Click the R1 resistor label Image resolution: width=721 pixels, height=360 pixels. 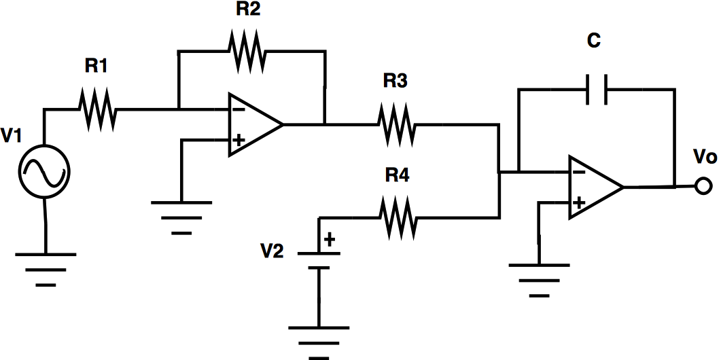pos(96,66)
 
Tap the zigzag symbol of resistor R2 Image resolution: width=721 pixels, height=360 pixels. pos(247,51)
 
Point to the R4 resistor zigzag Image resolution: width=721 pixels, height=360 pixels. pos(398,217)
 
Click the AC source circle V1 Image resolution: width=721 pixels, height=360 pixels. pos(46,171)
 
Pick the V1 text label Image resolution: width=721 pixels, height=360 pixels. pos(12,137)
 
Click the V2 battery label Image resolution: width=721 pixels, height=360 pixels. pos(272,251)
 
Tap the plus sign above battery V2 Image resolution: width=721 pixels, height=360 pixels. pos(330,240)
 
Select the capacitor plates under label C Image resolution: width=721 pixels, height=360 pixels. pos(597,89)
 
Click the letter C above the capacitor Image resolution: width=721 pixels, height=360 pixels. pos(594,41)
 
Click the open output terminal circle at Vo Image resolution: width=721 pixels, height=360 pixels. pos(703,186)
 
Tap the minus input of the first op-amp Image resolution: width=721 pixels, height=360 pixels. pos(239,109)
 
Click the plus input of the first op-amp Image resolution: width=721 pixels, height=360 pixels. pos(239,140)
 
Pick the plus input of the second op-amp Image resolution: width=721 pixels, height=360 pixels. pos(579,202)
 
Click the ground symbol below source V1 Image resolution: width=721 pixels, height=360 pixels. pos(46,270)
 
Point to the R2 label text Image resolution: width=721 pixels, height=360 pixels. pos(248,10)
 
